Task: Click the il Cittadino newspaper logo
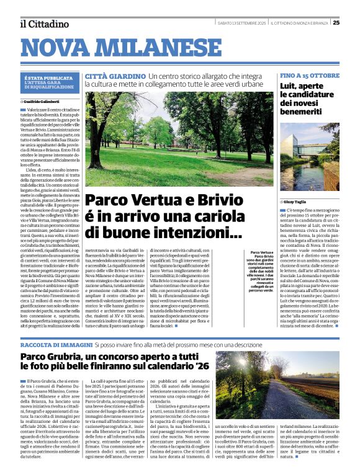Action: click(x=44, y=24)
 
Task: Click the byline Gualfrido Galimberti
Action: click(x=43, y=101)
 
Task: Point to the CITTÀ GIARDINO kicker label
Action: click(x=107, y=76)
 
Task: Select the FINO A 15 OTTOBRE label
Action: click(x=309, y=76)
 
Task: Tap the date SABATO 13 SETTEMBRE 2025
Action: click(x=243, y=24)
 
